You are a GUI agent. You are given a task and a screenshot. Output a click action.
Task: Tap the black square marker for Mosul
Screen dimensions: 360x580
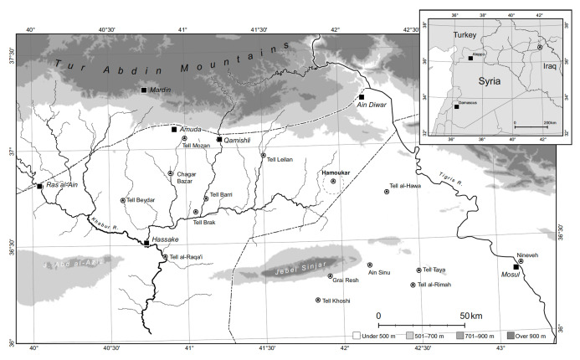pyautogui.click(x=516, y=267)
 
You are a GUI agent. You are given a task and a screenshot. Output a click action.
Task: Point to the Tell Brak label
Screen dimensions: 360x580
pyautogui.click(x=204, y=222)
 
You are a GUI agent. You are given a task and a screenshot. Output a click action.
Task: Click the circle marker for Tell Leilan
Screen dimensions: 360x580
pyautogui.click(x=263, y=155)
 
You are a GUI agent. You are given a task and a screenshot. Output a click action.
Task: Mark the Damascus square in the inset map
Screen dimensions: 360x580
pyautogui.click(x=457, y=107)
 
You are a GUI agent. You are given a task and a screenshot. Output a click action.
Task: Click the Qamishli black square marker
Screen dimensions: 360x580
pyautogui.click(x=219, y=139)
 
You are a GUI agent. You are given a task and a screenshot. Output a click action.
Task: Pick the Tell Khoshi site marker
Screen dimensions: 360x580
pyautogui.click(x=318, y=300)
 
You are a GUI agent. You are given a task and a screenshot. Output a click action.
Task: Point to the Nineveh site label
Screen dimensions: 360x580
pyautogui.click(x=527, y=254)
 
